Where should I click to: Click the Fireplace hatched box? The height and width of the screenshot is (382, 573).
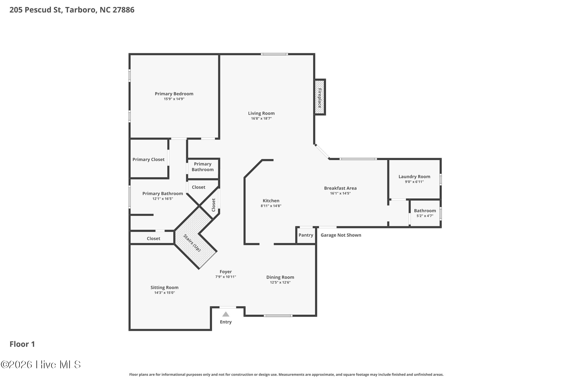(320, 97)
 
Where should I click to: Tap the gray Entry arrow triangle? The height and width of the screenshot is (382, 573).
(226, 314)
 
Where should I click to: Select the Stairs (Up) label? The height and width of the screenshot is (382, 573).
(192, 243)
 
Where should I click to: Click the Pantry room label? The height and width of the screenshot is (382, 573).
(306, 235)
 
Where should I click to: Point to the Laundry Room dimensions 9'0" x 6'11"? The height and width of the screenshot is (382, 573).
(414, 182)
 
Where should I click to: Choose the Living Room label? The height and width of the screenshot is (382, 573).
(261, 113)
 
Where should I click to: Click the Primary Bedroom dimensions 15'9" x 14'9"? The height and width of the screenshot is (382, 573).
(174, 99)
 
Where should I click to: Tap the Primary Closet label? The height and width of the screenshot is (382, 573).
(149, 160)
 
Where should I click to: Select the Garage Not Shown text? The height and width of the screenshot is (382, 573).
(341, 235)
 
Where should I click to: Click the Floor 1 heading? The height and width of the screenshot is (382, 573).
(22, 344)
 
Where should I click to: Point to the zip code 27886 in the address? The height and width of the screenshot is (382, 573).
(124, 10)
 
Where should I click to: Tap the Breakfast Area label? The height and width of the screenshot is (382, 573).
(340, 188)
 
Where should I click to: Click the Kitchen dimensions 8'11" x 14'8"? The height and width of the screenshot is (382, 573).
(271, 206)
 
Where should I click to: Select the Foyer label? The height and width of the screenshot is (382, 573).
(226, 272)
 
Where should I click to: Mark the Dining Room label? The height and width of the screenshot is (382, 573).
(280, 277)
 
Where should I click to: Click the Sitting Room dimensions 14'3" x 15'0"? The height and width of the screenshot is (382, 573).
(165, 293)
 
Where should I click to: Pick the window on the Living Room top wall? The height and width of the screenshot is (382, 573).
(274, 54)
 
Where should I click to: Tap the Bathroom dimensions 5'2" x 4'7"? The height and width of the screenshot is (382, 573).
(425, 216)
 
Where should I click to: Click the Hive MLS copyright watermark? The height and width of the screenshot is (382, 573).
(41, 364)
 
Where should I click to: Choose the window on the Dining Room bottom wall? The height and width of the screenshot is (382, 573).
(278, 316)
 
